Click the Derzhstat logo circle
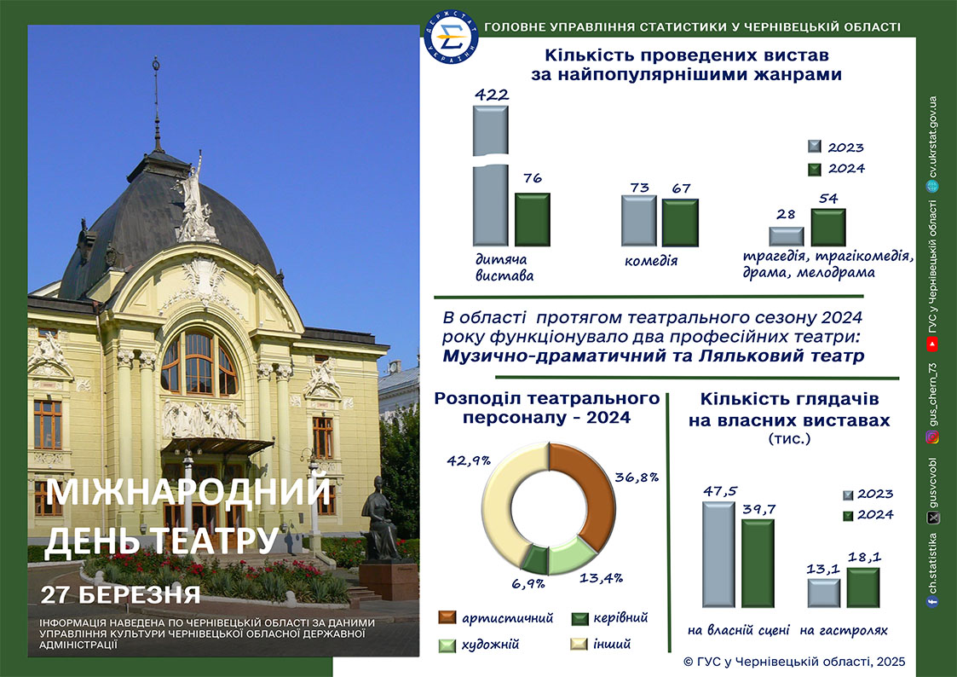[451, 38]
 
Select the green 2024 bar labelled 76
[533, 220]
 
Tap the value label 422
[492, 95]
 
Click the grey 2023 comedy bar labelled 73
[639, 221]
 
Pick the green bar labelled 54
[828, 227]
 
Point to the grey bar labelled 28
[786, 237]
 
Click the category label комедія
[650, 261]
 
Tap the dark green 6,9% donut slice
[535, 558]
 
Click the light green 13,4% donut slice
[570, 556]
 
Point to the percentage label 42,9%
[469, 461]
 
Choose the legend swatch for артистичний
[447, 618]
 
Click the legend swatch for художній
[447, 645]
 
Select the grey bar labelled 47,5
[719, 554]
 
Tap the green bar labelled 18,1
[863, 587]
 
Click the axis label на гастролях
[844, 631]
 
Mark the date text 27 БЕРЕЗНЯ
[120, 594]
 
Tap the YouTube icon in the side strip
[932, 345]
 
